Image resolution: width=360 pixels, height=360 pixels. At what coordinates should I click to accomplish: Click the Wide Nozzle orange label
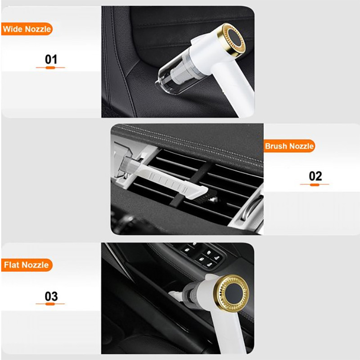[27, 29]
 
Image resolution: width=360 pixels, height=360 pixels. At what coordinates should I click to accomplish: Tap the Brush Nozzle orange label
[289, 146]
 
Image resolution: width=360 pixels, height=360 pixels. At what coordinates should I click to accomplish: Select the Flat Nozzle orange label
[27, 265]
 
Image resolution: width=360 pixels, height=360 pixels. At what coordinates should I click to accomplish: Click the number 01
[51, 59]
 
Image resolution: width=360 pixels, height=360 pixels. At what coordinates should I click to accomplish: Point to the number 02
[315, 176]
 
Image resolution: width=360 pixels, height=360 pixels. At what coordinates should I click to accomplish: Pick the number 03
[51, 296]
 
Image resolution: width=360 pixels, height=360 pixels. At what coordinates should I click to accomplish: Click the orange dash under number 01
[50, 68]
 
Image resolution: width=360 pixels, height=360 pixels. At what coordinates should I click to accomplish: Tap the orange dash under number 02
[315, 184]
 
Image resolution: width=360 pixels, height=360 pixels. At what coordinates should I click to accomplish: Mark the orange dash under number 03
[50, 304]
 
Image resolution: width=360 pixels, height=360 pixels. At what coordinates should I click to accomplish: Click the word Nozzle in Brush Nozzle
[301, 146]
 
